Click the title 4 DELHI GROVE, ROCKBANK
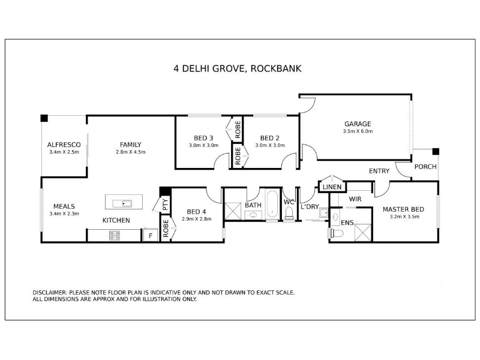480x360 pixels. click(237, 68)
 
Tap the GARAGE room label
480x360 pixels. click(358, 124)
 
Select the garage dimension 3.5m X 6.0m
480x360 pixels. click(358, 131)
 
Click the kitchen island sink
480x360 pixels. click(122, 203)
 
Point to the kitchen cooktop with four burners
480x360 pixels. click(115, 235)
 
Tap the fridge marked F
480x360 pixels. click(151, 235)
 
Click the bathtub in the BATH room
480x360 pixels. click(272, 204)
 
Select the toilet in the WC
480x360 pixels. click(289, 213)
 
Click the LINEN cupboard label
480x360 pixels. click(332, 187)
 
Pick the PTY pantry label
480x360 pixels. click(165, 205)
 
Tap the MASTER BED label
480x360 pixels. click(403, 209)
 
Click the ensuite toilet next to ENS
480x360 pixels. click(336, 233)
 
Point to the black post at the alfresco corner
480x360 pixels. click(44, 118)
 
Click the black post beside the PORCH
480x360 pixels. click(436, 152)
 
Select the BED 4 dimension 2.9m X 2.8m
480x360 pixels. click(197, 219)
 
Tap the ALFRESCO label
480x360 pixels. click(64, 145)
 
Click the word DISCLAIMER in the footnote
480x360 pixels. click(49, 293)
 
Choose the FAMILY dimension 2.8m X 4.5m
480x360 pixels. click(131, 152)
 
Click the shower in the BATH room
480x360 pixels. click(233, 211)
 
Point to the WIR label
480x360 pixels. click(355, 199)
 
